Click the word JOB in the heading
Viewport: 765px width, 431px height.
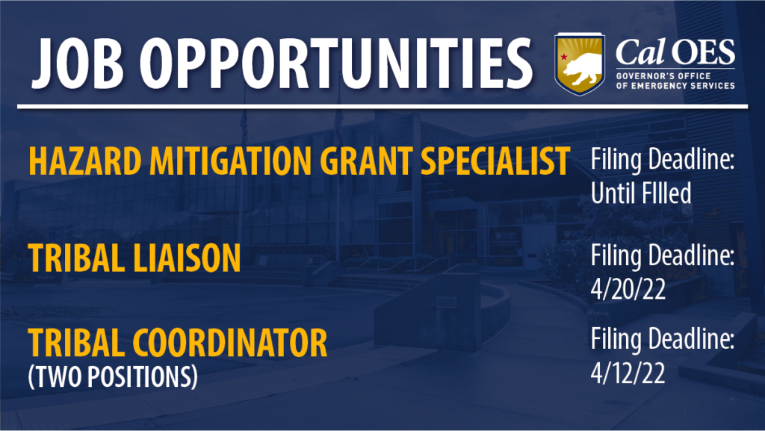(77, 63)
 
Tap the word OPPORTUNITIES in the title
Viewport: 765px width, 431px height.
(336, 63)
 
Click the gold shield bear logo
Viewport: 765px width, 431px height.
(579, 64)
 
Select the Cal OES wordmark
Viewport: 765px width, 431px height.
(675, 52)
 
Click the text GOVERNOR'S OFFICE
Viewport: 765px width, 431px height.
(663, 76)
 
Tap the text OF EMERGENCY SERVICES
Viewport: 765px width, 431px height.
(675, 86)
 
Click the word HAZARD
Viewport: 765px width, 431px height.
(85, 161)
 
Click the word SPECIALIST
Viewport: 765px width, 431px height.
(495, 161)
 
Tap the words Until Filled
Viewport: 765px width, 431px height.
(640, 193)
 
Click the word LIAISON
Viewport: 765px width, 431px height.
(187, 258)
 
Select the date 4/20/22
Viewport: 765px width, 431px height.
(628, 289)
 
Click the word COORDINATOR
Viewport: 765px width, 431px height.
(230, 343)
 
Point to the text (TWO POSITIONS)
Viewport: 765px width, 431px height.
(113, 376)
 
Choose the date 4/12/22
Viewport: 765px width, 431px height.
(628, 373)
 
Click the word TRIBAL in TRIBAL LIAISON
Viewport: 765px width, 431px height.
(76, 258)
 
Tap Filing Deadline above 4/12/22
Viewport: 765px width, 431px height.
(663, 339)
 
